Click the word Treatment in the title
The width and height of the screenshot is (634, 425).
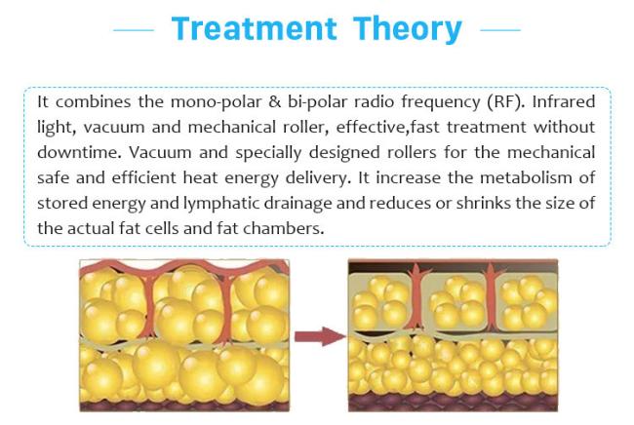tap(254, 28)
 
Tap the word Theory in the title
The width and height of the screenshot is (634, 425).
tap(407, 30)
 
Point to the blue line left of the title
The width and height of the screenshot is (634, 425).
tap(134, 30)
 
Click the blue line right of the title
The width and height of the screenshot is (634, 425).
tap(500, 30)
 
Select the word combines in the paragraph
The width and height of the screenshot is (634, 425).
tap(93, 101)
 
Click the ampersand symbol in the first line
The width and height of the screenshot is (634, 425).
tap(274, 101)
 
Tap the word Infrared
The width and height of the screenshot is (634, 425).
tap(563, 101)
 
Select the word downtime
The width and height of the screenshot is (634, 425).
tap(79, 152)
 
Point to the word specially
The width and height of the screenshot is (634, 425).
tap(268, 153)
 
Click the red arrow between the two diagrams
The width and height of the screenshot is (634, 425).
tap(320, 336)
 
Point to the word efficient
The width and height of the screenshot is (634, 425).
tap(143, 177)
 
